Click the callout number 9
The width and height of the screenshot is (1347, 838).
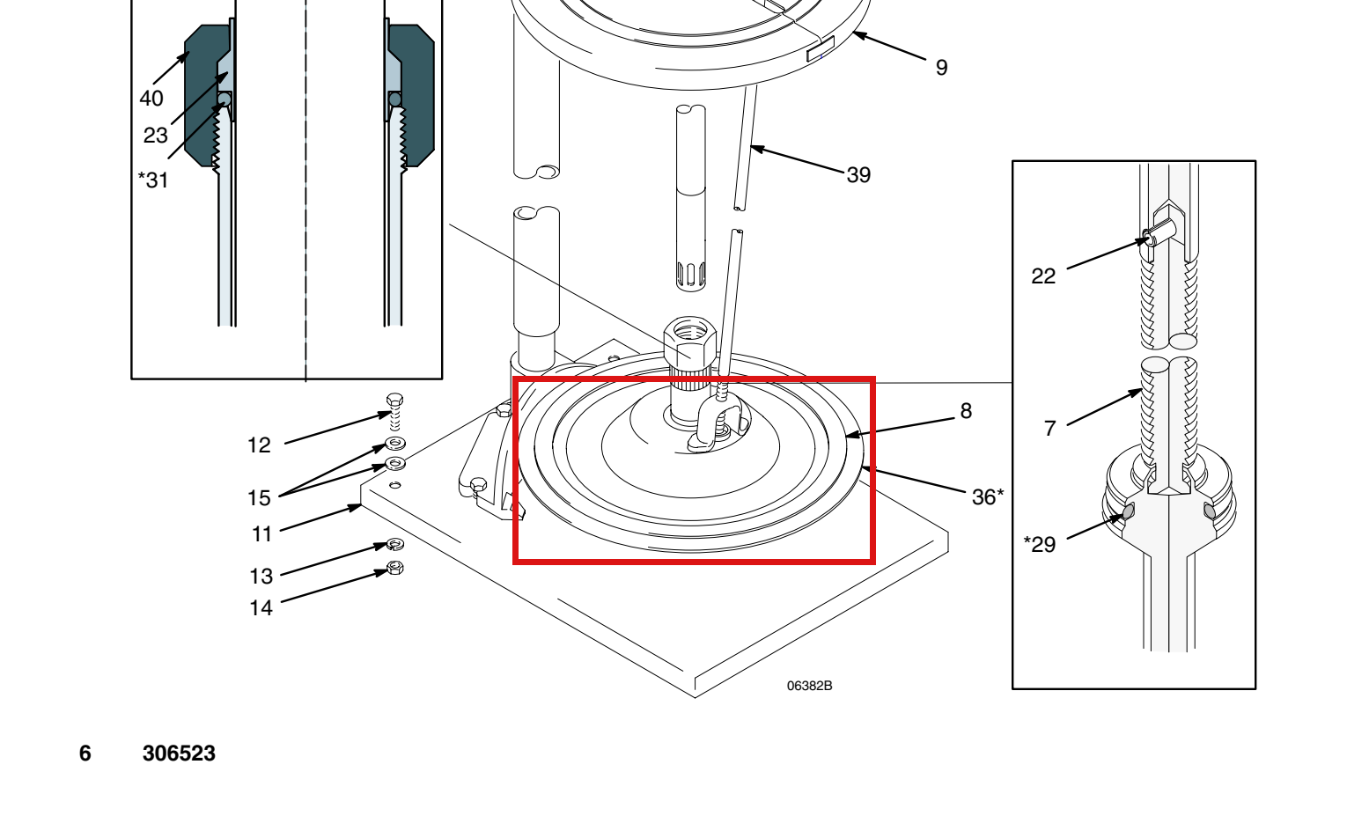pyautogui.click(x=942, y=67)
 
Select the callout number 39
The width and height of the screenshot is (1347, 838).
pyautogui.click(x=858, y=175)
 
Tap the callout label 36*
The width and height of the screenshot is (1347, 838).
pyautogui.click(x=988, y=496)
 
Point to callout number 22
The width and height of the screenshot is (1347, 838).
pyautogui.click(x=1043, y=276)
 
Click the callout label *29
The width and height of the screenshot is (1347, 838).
pyautogui.click(x=1040, y=544)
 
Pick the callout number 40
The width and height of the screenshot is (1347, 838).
pyautogui.click(x=151, y=98)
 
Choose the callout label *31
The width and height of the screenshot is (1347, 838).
pyautogui.click(x=153, y=180)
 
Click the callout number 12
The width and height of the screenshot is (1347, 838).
pyautogui.click(x=259, y=445)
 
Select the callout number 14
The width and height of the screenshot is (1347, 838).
pyautogui.click(x=261, y=607)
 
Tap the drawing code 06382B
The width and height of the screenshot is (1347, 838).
pyautogui.click(x=809, y=686)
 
